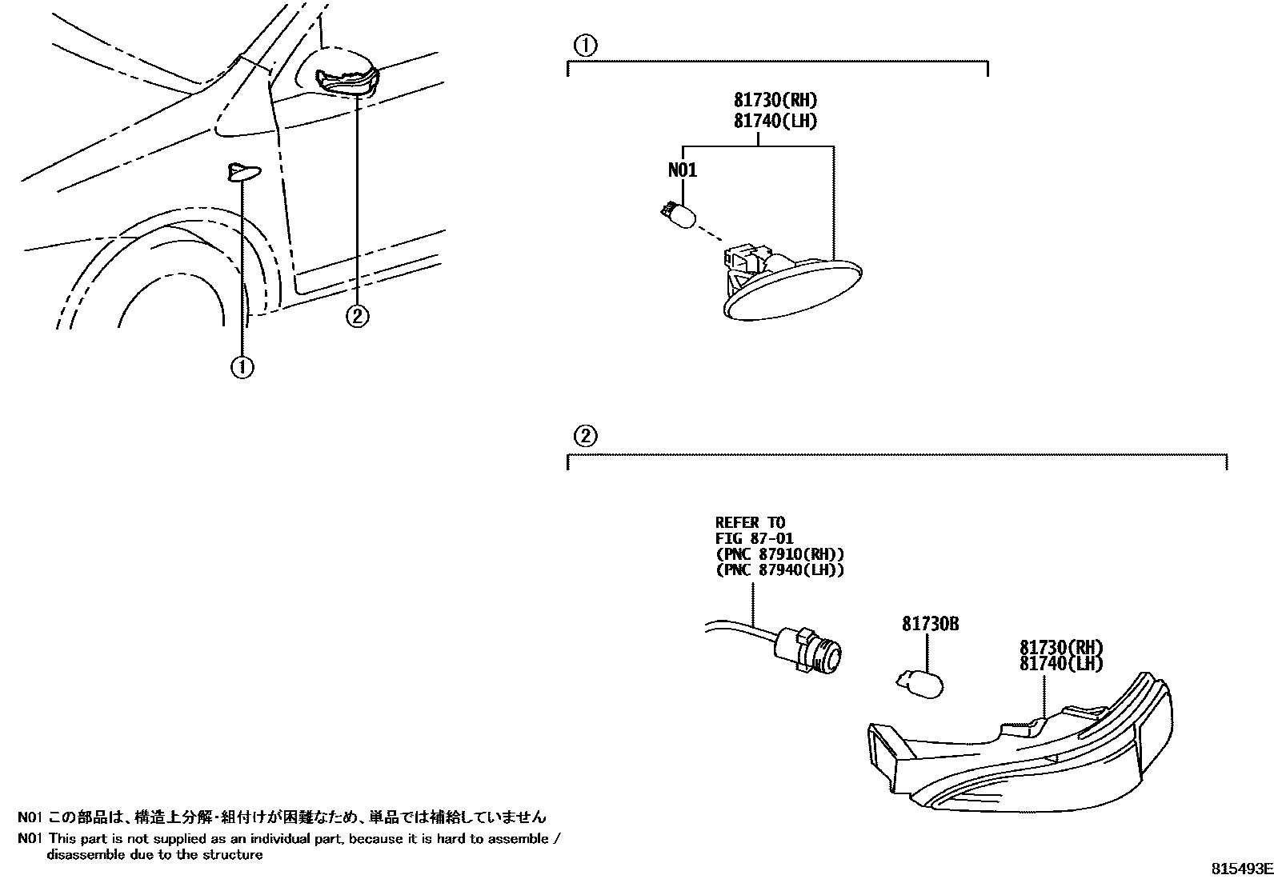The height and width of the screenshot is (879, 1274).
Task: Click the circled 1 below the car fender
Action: pyautogui.click(x=242, y=367)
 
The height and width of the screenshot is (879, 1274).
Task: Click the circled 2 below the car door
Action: pyautogui.click(x=357, y=316)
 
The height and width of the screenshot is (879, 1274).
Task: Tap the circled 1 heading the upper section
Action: pyautogui.click(x=586, y=46)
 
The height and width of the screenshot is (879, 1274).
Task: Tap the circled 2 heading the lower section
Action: pyautogui.click(x=586, y=436)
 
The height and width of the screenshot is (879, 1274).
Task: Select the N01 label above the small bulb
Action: pyautogui.click(x=682, y=170)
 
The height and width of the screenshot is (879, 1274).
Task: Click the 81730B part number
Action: pyautogui.click(x=930, y=624)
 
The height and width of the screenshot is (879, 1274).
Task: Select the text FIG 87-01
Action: pyautogui.click(x=755, y=539)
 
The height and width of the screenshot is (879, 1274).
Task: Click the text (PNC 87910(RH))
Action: pyautogui.click(x=779, y=554)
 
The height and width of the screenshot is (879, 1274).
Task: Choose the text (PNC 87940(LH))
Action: pyautogui.click(x=779, y=570)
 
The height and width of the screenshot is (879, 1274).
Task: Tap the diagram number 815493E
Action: pyautogui.click(x=1240, y=869)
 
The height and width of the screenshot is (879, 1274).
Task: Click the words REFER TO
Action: pyautogui.click(x=750, y=523)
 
